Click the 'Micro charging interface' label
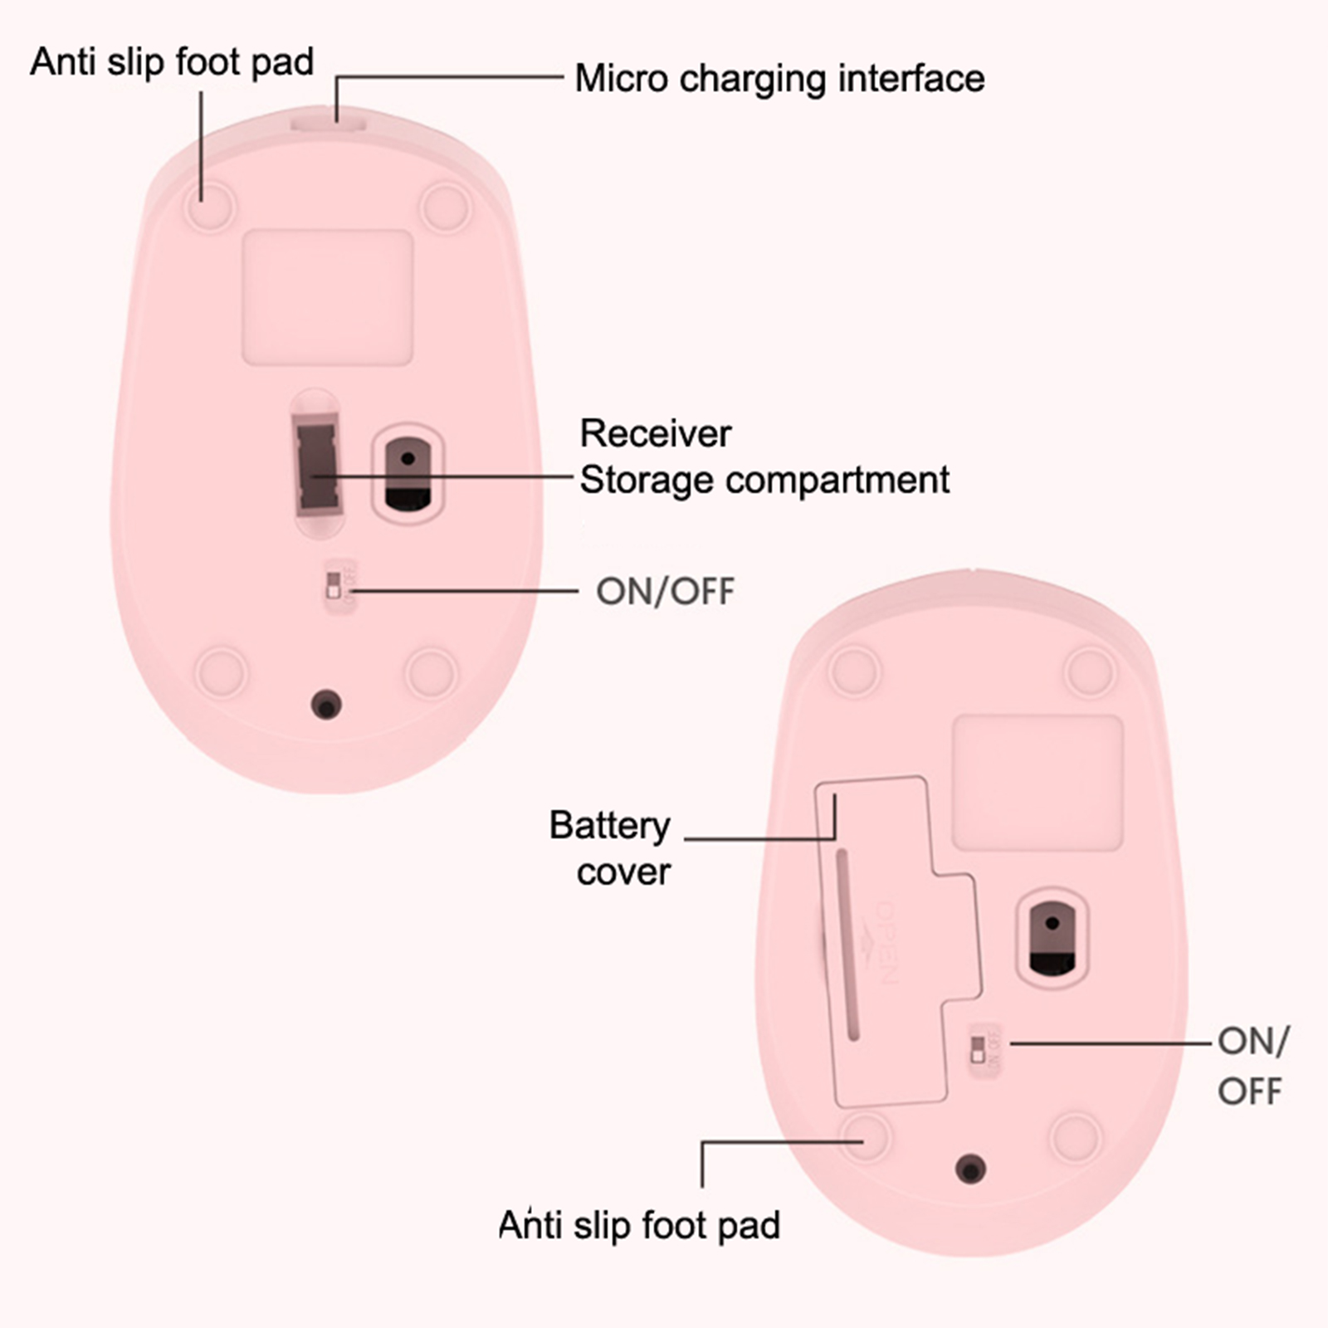[x=779, y=80]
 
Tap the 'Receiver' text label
[x=655, y=433]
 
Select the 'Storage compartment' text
[x=764, y=480]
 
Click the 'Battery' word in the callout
[x=609, y=825]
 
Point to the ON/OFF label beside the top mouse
[x=665, y=591]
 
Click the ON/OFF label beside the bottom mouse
[x=1252, y=1066]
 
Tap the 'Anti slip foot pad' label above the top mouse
[x=172, y=62]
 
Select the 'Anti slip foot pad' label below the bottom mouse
[x=639, y=1225]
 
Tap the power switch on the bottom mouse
[x=979, y=1048]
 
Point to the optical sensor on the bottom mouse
[x=1052, y=938]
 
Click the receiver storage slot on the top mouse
[x=315, y=465]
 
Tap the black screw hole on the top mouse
[x=326, y=705]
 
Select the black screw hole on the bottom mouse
[x=970, y=1169]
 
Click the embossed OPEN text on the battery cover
[x=886, y=942]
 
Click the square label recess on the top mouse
[x=327, y=297]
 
